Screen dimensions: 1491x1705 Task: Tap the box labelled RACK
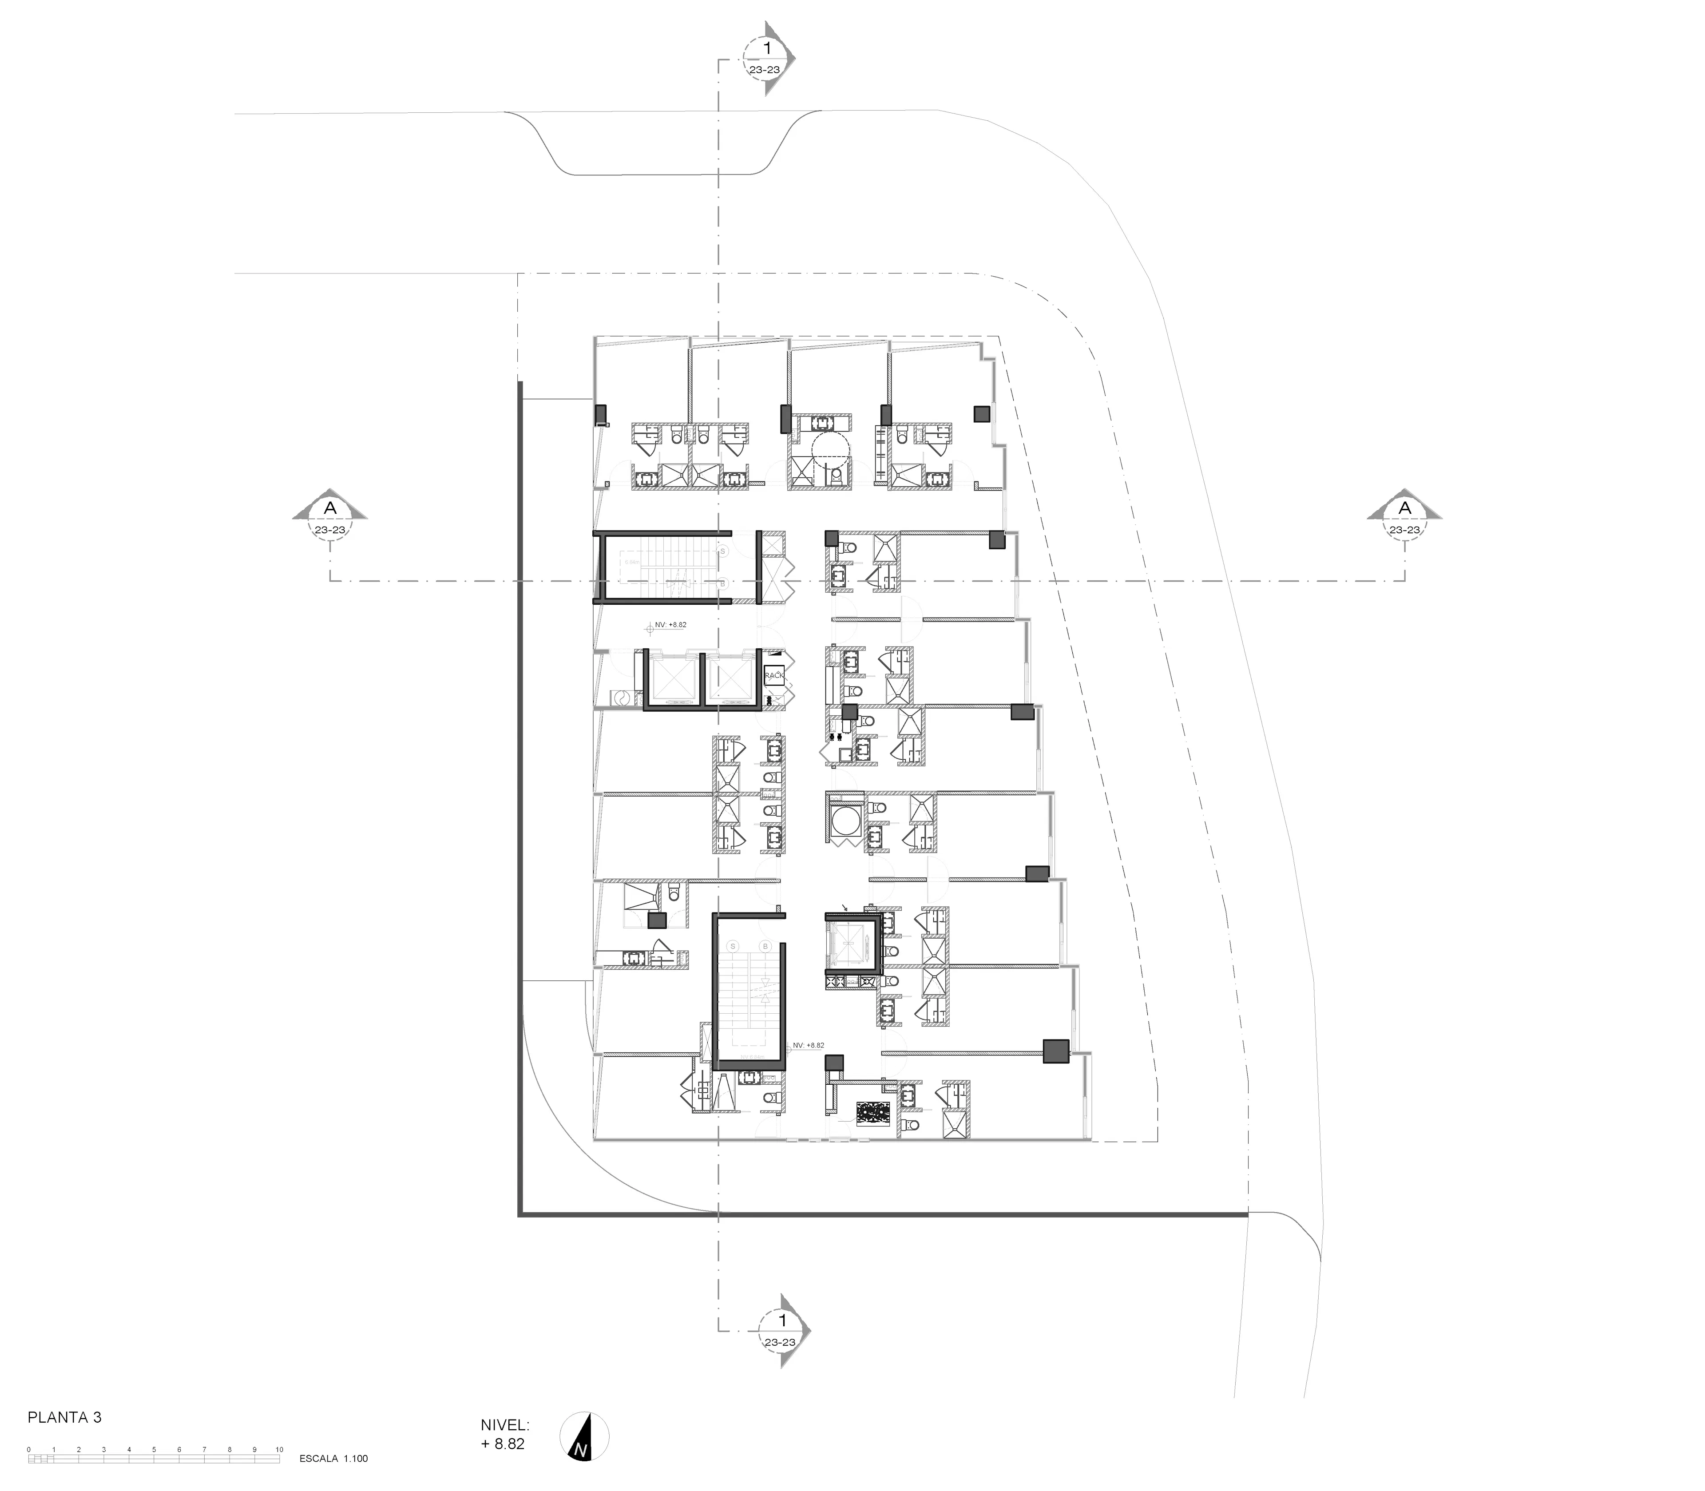tap(774, 676)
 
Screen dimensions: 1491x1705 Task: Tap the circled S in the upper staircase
tap(722, 551)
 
